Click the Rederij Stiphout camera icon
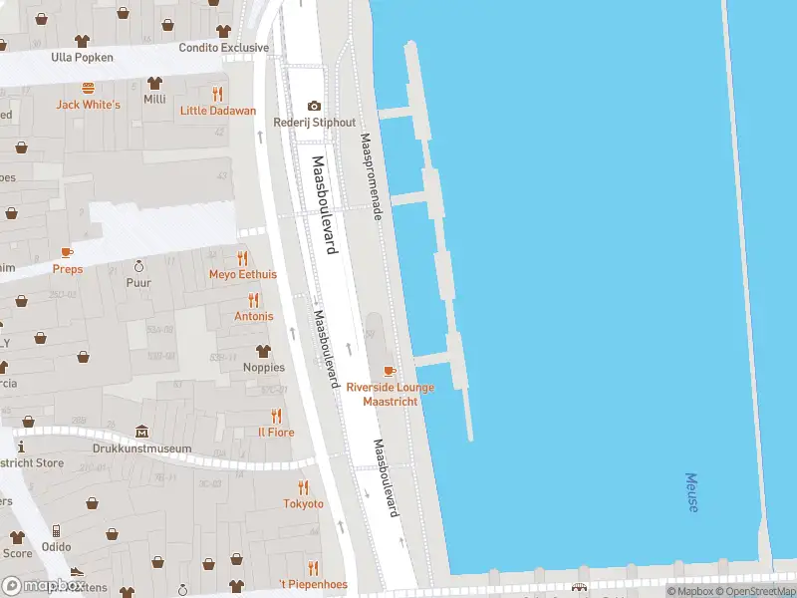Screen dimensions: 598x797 [315, 106]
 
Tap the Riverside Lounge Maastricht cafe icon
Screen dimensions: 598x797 [390, 371]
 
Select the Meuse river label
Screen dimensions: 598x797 [692, 492]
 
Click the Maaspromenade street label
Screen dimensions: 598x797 [372, 177]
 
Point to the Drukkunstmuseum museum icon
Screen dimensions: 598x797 [142, 432]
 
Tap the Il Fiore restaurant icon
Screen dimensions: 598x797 [276, 416]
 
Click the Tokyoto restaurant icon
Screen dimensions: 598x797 [303, 487]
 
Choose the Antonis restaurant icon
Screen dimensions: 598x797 [253, 299]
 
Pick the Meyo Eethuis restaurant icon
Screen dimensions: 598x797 [242, 257]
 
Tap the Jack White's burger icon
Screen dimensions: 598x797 [88, 87]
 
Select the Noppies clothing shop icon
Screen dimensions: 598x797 [263, 351]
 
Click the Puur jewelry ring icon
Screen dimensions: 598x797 [138, 266]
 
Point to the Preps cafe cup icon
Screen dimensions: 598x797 [67, 252]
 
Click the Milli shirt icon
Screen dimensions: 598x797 [154, 83]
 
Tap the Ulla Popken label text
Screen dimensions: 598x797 [82, 57]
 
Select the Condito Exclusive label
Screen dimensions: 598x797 [224, 47]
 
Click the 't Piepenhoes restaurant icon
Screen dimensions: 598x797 [313, 568]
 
